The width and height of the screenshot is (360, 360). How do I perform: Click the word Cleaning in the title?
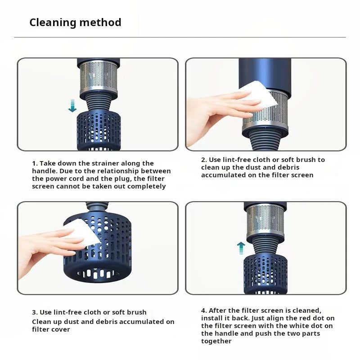pyautogui.click(x=53, y=23)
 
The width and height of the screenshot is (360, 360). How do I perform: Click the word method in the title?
pyautogui.click(x=100, y=22)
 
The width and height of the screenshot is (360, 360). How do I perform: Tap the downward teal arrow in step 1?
pyautogui.click(x=72, y=106)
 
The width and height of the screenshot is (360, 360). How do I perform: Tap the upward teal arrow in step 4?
pyautogui.click(x=241, y=248)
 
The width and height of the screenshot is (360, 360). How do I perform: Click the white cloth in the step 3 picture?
pyautogui.click(x=82, y=233)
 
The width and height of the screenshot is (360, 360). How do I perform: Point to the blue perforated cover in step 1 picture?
pyautogui.click(x=99, y=130)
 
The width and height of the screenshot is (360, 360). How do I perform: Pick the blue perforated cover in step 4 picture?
pyautogui.click(x=265, y=273)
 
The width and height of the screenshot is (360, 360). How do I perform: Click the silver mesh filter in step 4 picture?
pyautogui.click(x=265, y=221)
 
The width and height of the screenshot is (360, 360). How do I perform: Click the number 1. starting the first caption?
pyautogui.click(x=35, y=163)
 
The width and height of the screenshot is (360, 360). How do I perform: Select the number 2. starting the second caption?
pyautogui.click(x=204, y=160)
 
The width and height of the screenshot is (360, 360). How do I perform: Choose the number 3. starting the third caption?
pyautogui.click(x=35, y=312)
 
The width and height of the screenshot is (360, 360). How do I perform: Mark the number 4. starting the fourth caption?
pyautogui.click(x=204, y=310)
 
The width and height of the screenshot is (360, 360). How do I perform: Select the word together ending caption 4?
pyautogui.click(x=216, y=342)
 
